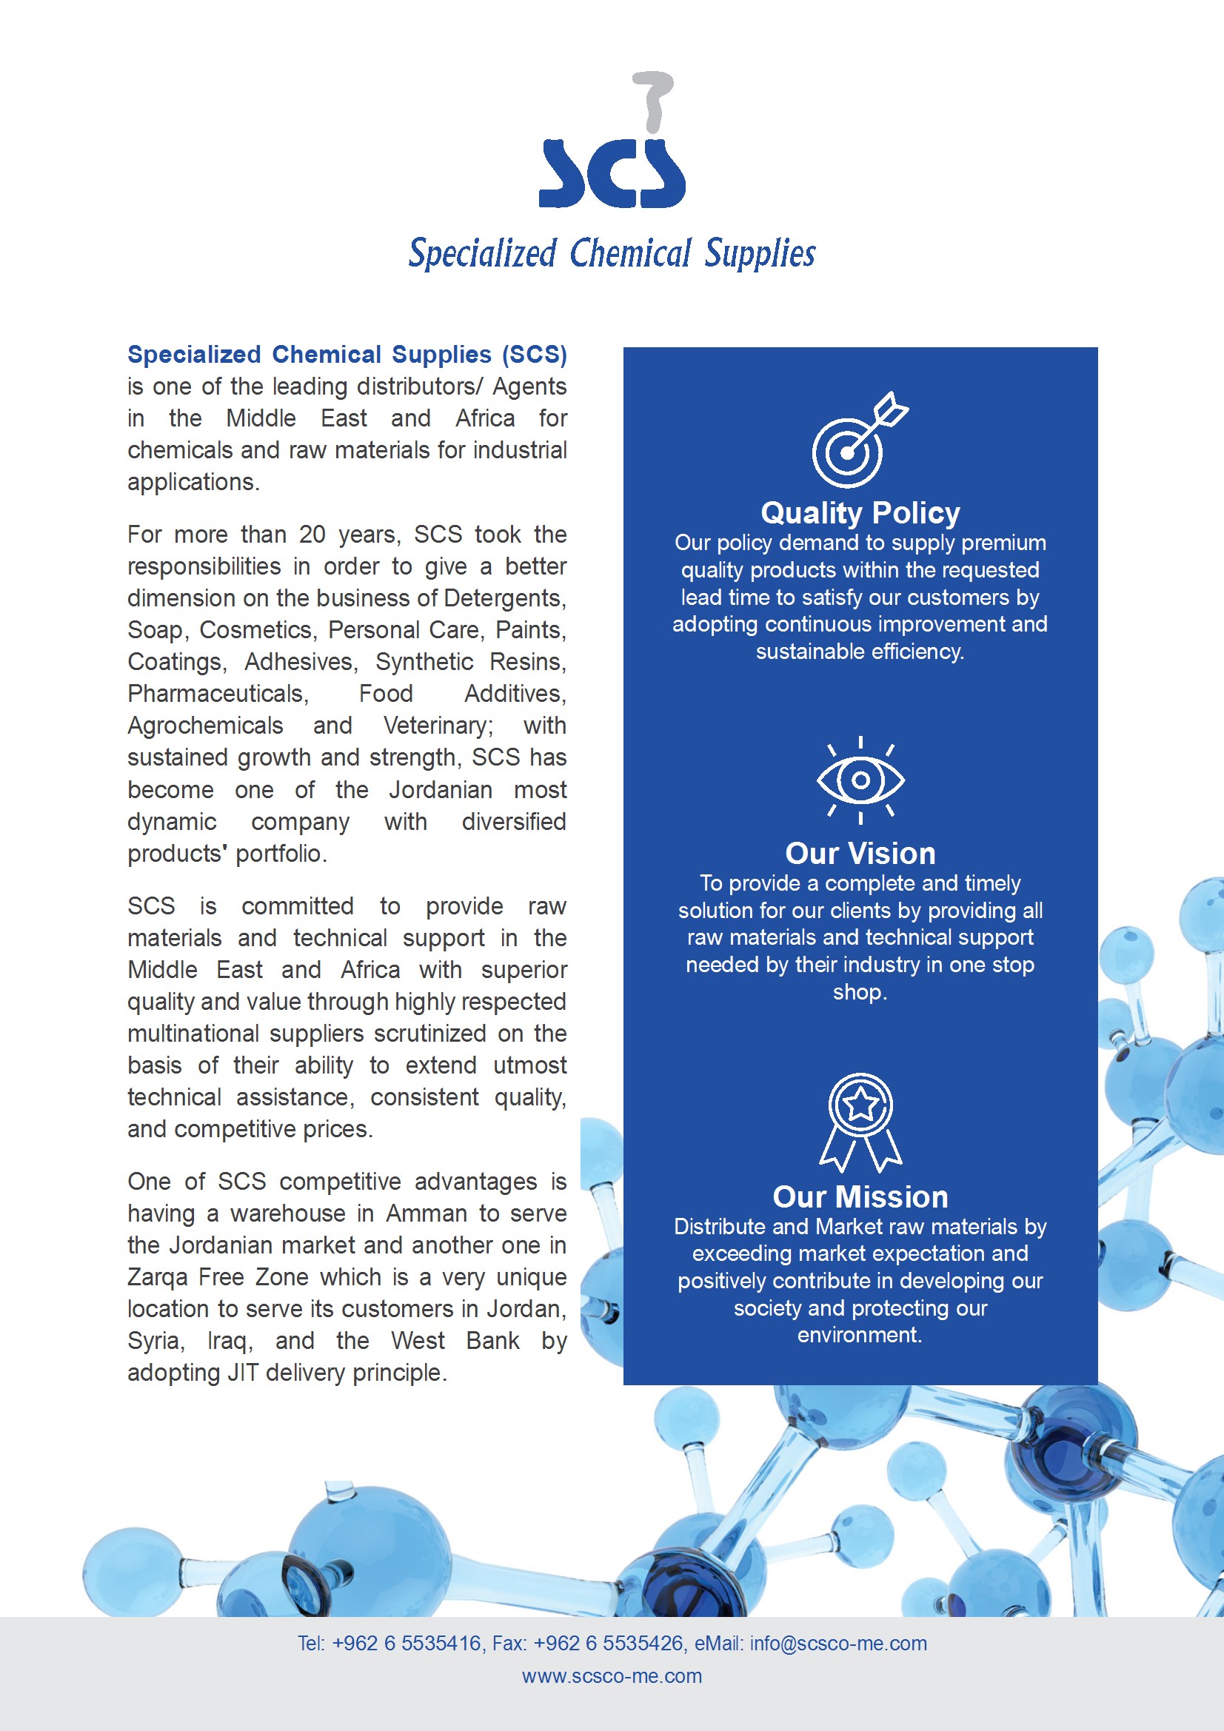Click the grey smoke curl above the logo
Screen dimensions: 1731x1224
(653, 98)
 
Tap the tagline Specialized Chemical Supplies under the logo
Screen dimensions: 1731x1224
(612, 253)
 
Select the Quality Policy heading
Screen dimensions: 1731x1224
(860, 512)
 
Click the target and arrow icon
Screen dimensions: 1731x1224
(858, 441)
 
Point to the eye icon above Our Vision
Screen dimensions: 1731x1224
(860, 780)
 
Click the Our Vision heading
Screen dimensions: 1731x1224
(860, 853)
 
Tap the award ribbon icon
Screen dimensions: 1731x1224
(860, 1121)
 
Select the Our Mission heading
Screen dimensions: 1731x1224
(860, 1196)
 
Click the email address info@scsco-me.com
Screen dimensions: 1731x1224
(838, 1644)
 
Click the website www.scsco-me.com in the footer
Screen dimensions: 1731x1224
(612, 1676)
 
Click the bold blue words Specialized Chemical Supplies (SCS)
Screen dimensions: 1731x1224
(347, 355)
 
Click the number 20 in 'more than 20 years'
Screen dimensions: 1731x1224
(312, 535)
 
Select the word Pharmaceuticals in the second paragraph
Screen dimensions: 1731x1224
(217, 694)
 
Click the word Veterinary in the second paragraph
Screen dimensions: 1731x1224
(437, 726)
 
